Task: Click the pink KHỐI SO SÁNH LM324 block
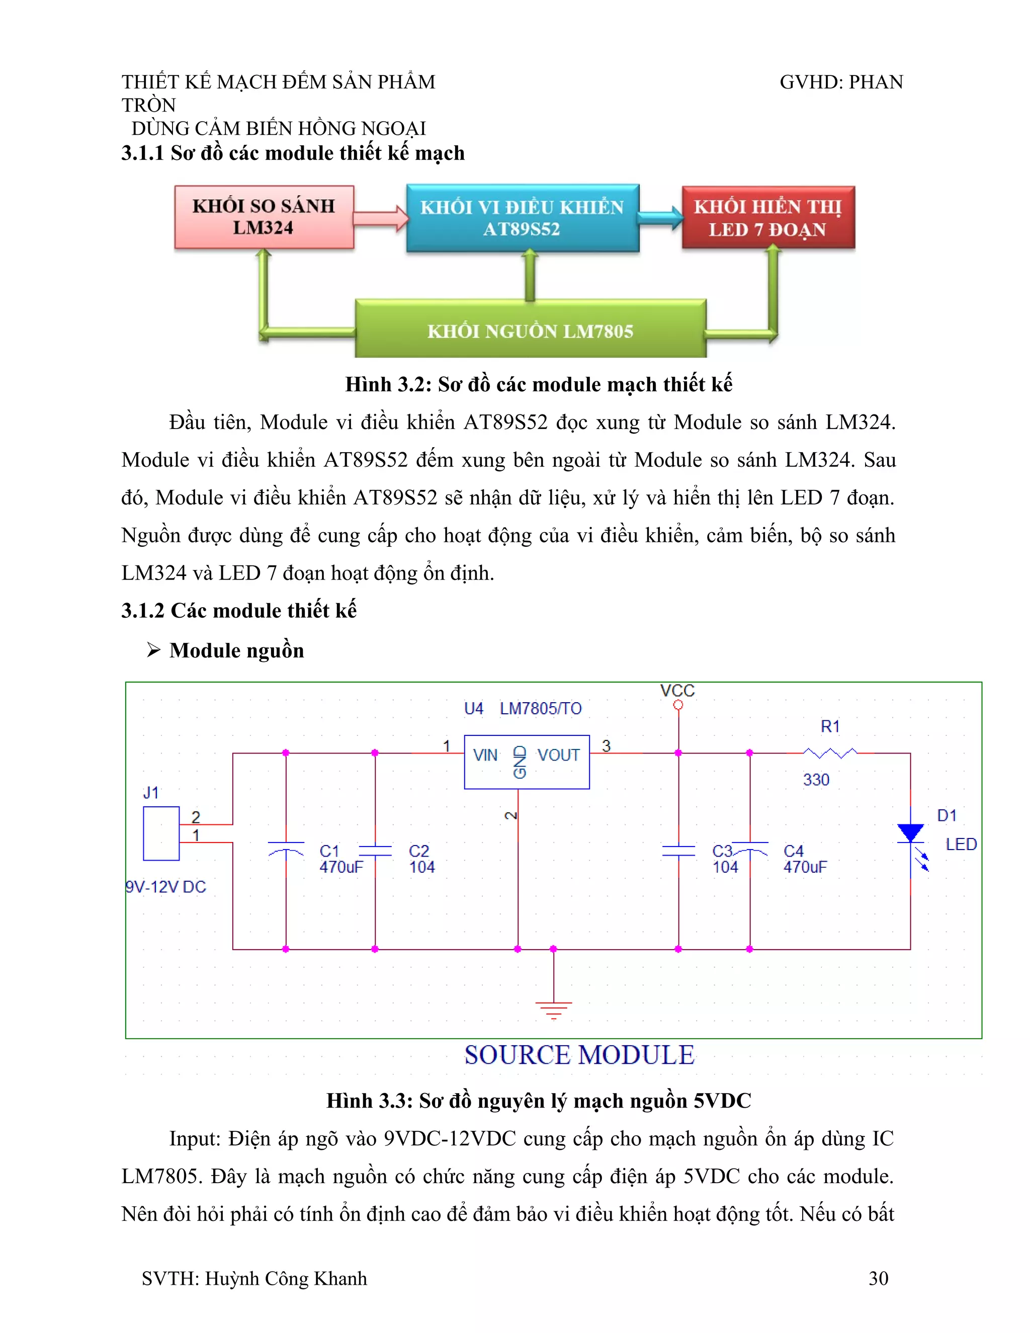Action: [264, 217]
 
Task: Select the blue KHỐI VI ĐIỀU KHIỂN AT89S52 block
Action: [523, 218]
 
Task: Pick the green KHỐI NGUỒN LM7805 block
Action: [530, 329]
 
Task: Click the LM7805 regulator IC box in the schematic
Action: [527, 762]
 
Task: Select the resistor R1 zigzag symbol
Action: [830, 753]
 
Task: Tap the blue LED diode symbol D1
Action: [910, 834]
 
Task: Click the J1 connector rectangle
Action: [161, 833]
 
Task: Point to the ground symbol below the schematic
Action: [553, 1010]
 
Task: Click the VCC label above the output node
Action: [677, 690]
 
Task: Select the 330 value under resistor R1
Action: [816, 779]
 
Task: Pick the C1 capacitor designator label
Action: [329, 850]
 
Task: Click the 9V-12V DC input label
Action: [166, 887]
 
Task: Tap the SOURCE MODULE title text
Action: [579, 1055]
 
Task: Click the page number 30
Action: [878, 1278]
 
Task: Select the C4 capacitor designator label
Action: [793, 850]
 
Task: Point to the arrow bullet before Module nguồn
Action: [153, 650]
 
